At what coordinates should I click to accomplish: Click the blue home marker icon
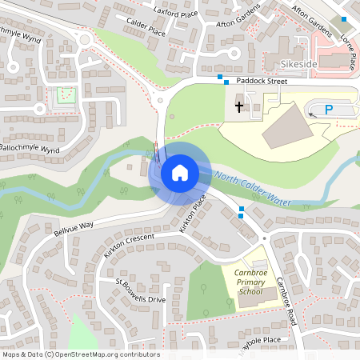pyautogui.click(x=179, y=172)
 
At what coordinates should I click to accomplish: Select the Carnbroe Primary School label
pyautogui.click(x=254, y=282)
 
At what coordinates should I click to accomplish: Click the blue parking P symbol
pyautogui.click(x=330, y=110)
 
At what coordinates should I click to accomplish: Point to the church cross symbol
pyautogui.click(x=238, y=106)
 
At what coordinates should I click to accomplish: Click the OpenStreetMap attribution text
pyautogui.click(x=80, y=354)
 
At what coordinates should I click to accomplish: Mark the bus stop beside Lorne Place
pyautogui.click(x=344, y=19)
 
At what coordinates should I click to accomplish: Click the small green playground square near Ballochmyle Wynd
pyautogui.click(x=64, y=97)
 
